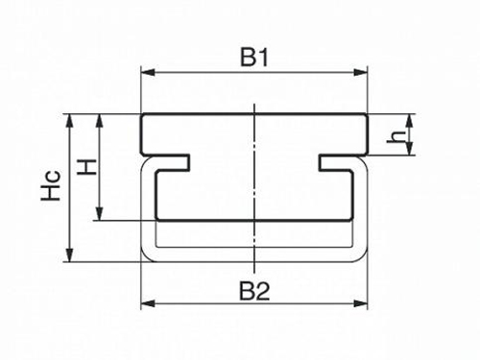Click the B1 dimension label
(254, 58)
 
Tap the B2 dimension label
(254, 292)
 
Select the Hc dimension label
(51, 186)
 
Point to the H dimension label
(87, 167)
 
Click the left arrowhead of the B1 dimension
(148, 73)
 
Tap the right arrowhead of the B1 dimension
(361, 73)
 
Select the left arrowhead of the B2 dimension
(148, 303)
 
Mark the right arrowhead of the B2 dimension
(361, 303)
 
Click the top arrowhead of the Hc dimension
(70, 121)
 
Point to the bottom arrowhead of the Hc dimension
(70, 254)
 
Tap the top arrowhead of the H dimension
(100, 121)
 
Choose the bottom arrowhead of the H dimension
(100, 213)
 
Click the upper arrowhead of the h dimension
(409, 121)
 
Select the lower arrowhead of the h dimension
(409, 149)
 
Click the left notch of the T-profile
(173, 162)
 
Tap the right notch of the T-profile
(336, 162)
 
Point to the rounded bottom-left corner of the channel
(147, 256)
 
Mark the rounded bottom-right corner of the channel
(362, 256)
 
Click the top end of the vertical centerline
(254, 104)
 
